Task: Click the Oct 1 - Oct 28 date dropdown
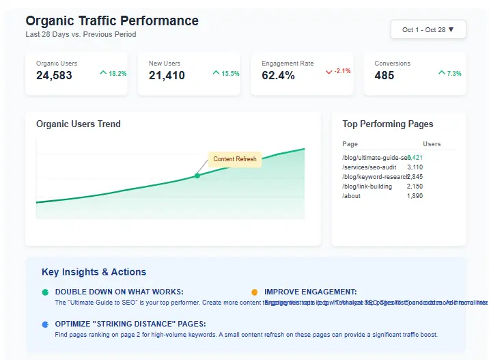[428, 30]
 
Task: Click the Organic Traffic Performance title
[112, 21]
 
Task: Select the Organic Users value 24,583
[54, 75]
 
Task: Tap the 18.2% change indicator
[113, 73]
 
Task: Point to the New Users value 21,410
[167, 75]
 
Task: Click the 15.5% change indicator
[226, 73]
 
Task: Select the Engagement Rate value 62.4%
[278, 75]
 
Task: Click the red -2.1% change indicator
[338, 71]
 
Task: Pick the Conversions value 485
[385, 75]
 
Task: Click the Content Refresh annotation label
[235, 159]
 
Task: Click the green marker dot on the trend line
[197, 176]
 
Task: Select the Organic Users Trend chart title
[78, 124]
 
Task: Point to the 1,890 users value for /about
[415, 196]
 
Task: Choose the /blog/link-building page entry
[367, 186]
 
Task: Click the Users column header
[432, 144]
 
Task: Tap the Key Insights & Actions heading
[94, 272]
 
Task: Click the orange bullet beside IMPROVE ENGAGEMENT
[255, 292]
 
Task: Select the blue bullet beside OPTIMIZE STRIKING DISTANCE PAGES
[45, 324]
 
